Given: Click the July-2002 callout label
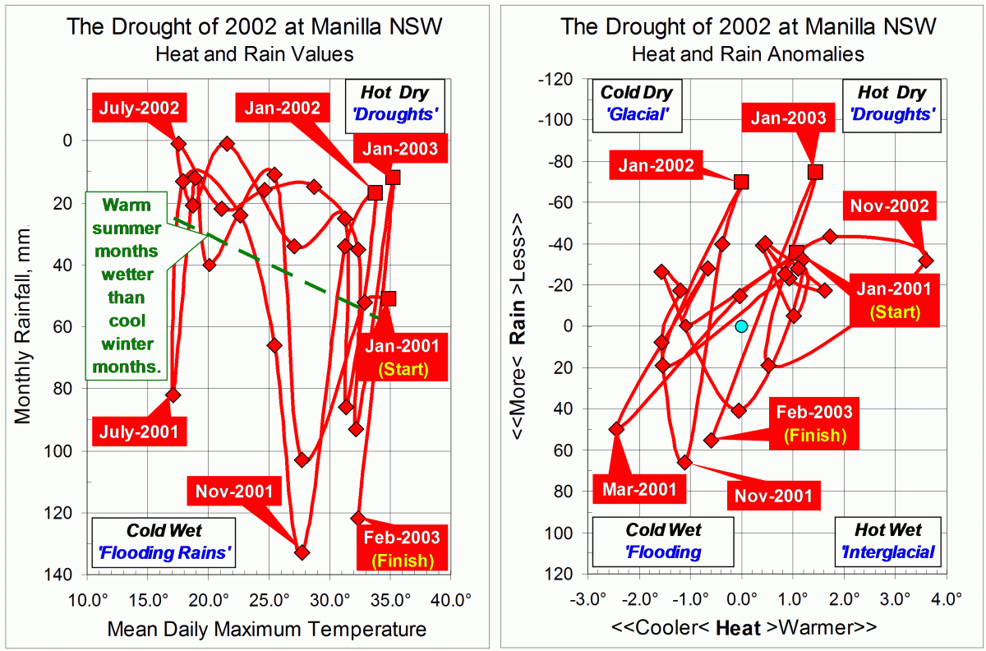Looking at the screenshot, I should point(140,107).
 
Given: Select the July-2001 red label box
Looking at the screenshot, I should point(140,430).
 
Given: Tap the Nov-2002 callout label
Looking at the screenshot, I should point(889,205).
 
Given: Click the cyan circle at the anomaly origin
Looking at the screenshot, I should point(741,326).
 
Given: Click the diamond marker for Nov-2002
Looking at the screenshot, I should point(926,261).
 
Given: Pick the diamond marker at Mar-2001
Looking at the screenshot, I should point(617,429).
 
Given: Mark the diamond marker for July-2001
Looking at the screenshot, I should point(173,395).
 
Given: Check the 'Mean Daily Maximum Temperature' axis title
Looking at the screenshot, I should point(267,630).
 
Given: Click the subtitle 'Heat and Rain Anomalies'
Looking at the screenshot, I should point(748,54).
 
